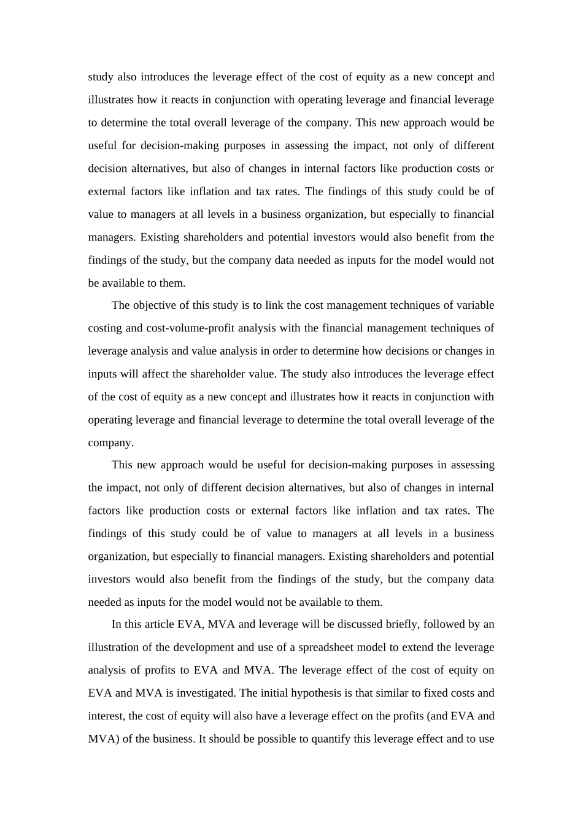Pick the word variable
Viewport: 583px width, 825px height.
[475, 305]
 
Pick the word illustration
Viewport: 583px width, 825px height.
[114, 647]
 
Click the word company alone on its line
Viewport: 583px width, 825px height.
[110, 443]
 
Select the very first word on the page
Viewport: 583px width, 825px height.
[101, 77]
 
